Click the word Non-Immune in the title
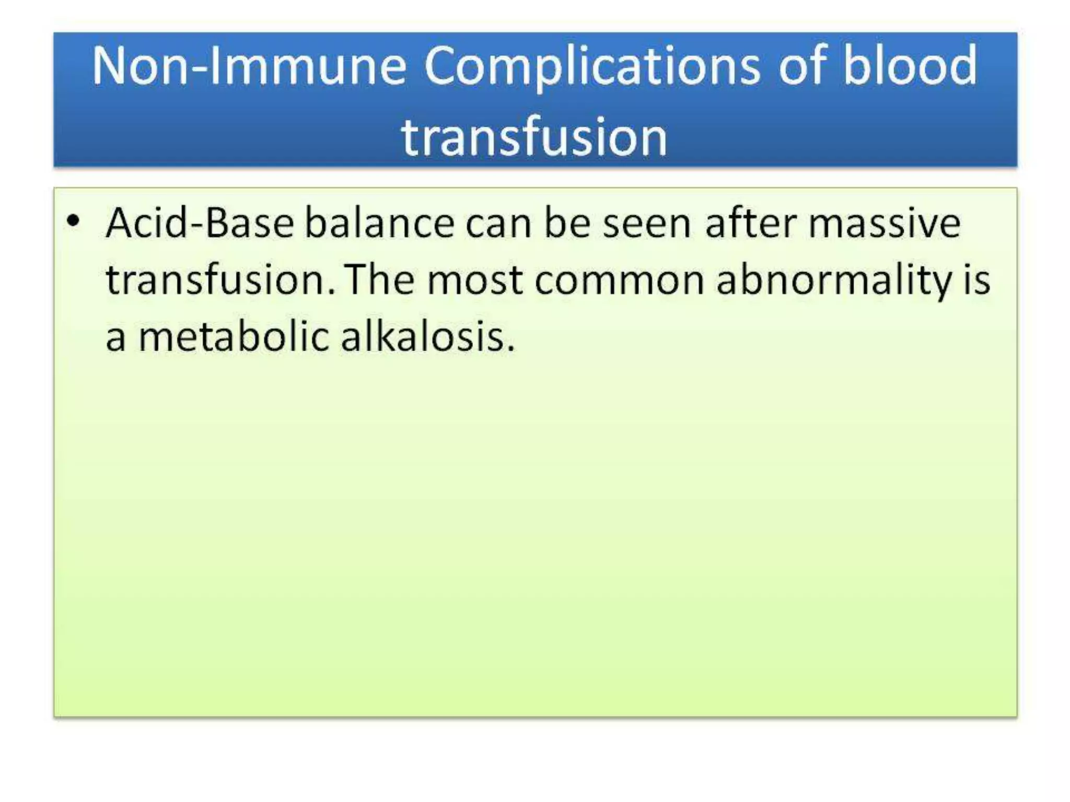point(249,66)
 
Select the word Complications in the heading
point(592,66)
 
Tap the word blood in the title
point(910,66)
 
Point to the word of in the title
point(802,66)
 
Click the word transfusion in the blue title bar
point(534,137)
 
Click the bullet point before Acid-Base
point(74,221)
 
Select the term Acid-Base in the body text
point(200,223)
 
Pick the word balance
point(379,223)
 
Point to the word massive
point(884,223)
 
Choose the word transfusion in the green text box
point(219,280)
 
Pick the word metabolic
point(234,336)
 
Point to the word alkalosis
point(427,336)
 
